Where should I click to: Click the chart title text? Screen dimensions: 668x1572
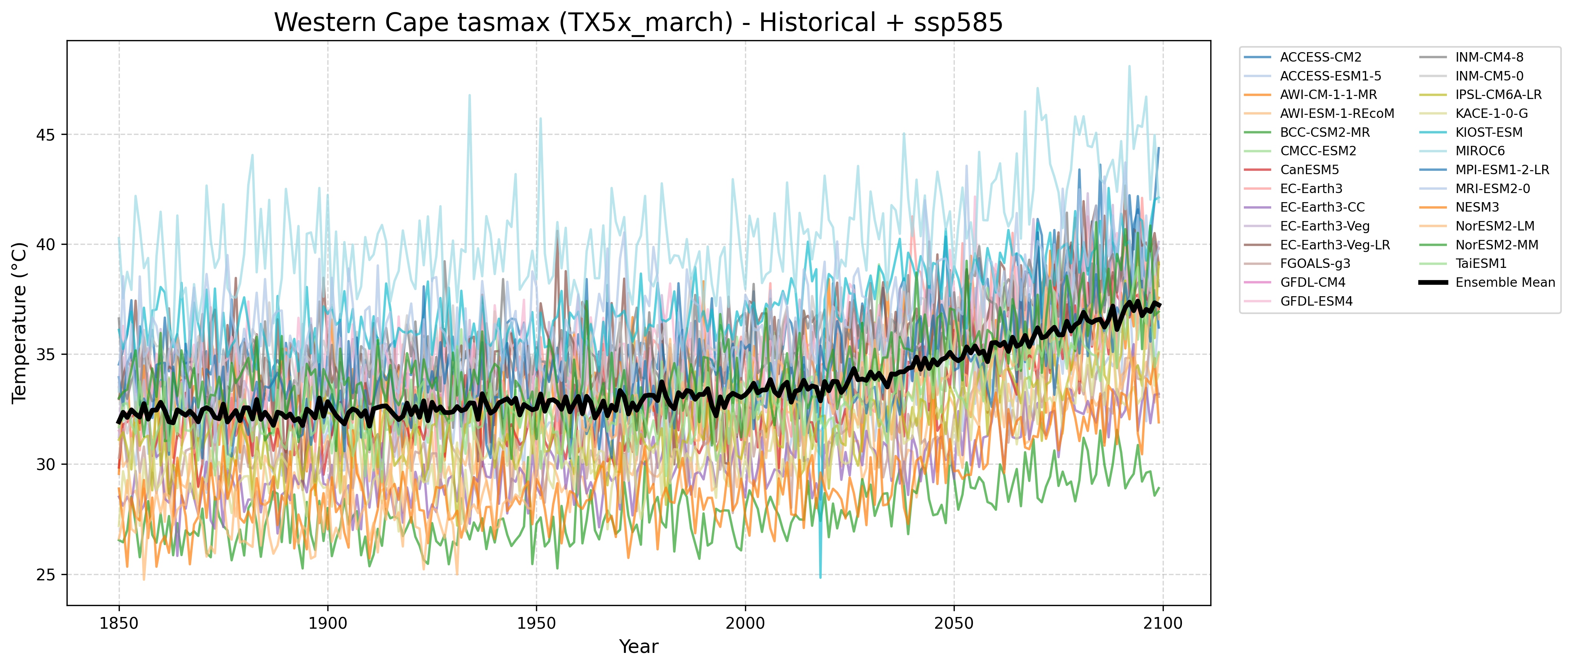point(638,23)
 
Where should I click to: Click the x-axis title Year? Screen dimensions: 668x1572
point(638,646)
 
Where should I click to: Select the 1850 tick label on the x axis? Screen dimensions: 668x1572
point(119,623)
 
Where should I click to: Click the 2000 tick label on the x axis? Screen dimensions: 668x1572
point(745,623)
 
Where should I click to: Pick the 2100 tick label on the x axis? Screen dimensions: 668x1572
point(1163,623)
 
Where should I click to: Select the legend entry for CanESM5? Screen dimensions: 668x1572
point(1309,170)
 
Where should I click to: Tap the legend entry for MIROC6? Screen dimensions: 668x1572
point(1480,151)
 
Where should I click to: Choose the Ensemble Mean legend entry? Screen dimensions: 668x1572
point(1505,283)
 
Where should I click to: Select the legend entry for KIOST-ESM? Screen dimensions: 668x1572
point(1489,132)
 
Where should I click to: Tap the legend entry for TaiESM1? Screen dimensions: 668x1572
point(1481,264)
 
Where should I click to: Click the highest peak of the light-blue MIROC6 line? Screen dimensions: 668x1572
point(1129,66)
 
